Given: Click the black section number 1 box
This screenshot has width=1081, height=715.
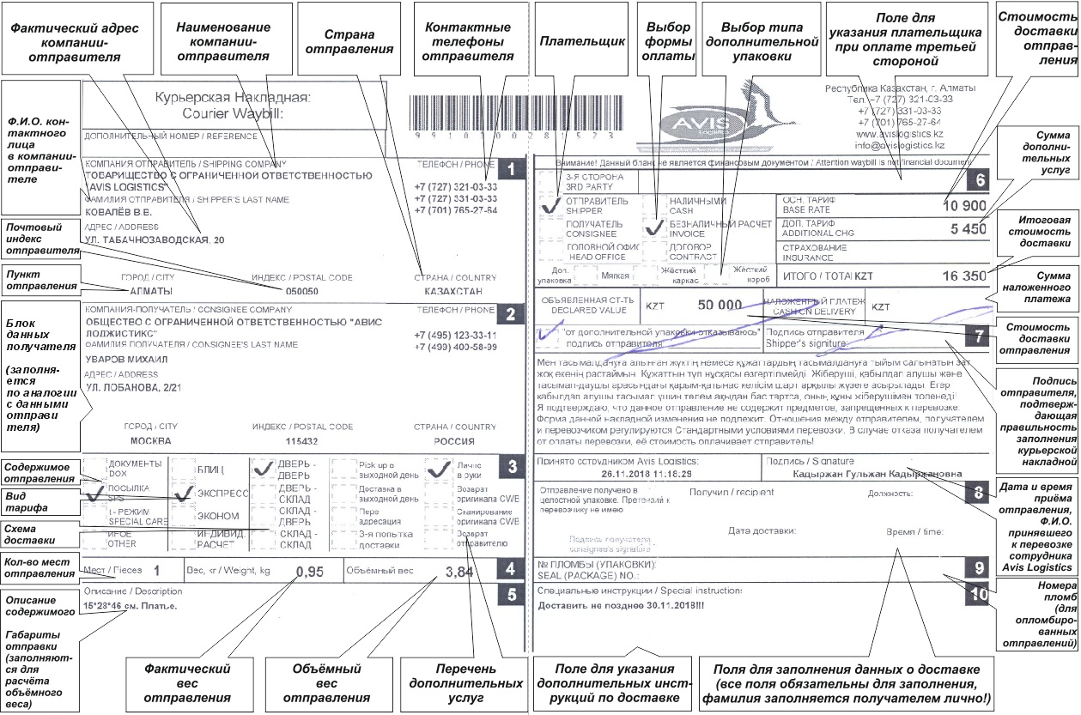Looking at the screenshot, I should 511,169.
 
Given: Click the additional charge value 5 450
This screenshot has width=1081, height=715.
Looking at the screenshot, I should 969,230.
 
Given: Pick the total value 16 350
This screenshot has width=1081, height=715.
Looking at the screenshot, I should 964,277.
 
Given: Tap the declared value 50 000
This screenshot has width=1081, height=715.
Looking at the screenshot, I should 719,305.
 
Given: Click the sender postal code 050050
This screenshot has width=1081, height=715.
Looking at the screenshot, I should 301,292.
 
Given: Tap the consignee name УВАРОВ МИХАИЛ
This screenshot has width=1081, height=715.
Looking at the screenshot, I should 127,360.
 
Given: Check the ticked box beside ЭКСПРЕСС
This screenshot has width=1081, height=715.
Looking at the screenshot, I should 182,495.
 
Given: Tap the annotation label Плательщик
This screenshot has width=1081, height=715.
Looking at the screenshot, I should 570,40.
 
